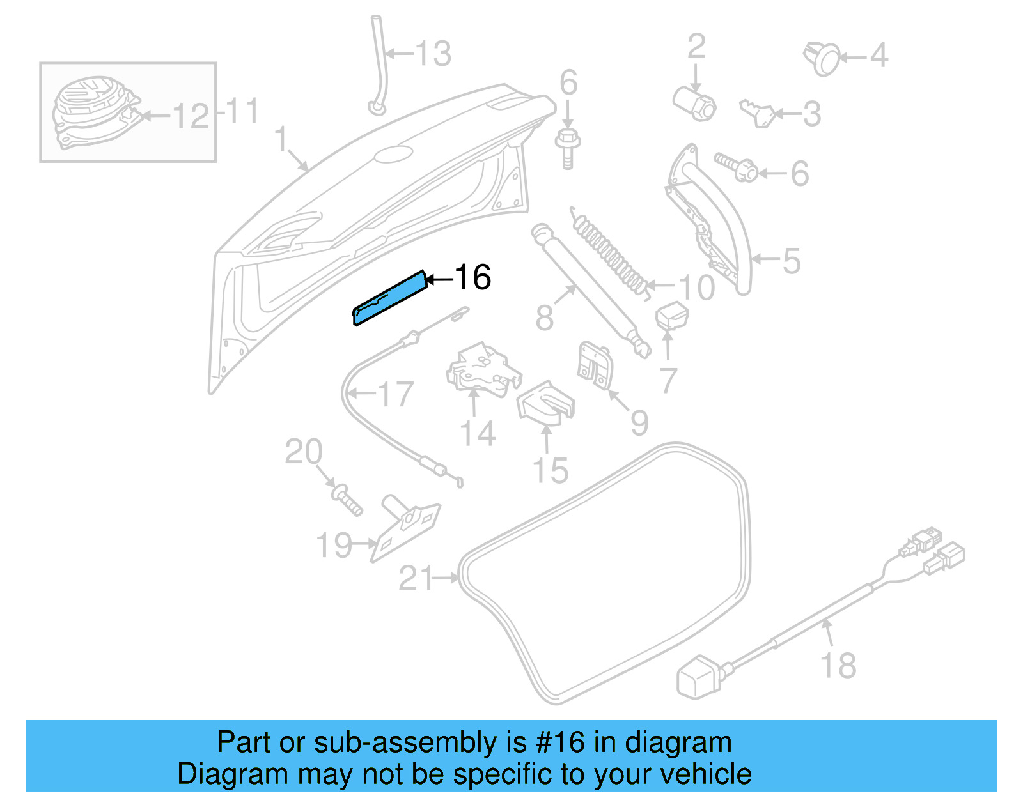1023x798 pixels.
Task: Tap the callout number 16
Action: pyautogui.click(x=472, y=277)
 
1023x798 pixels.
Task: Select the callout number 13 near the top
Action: pyautogui.click(x=433, y=54)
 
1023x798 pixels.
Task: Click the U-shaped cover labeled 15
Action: pyautogui.click(x=545, y=403)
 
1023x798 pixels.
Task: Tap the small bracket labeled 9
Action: pyautogui.click(x=595, y=366)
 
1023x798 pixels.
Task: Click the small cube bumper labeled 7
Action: pyautogui.click(x=671, y=316)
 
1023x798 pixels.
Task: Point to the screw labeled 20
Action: pyautogui.click(x=347, y=500)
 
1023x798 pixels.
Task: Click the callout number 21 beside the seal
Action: pyautogui.click(x=416, y=579)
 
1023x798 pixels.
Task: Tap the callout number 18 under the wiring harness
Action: pyautogui.click(x=838, y=665)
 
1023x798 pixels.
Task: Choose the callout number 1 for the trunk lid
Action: pyautogui.click(x=281, y=139)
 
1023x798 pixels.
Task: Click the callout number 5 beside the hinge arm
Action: pyautogui.click(x=791, y=261)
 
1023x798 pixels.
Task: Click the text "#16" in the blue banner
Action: pyautogui.click(x=560, y=742)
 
